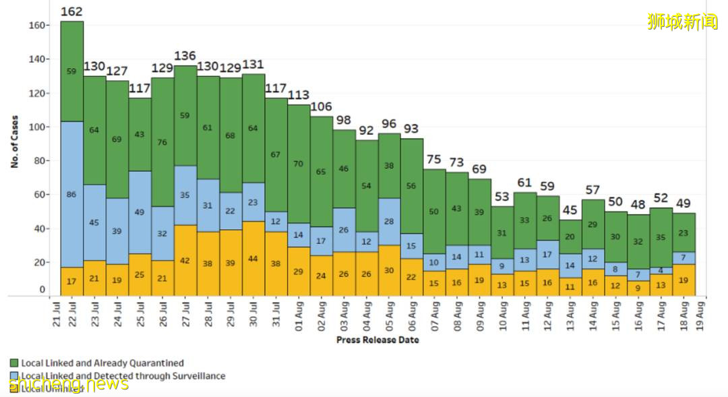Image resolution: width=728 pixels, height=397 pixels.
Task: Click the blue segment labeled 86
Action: (x=72, y=194)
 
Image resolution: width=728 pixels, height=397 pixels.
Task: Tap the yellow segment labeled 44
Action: (x=253, y=258)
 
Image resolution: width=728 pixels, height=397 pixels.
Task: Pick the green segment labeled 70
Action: (x=299, y=164)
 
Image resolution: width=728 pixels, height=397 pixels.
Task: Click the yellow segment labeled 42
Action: (x=185, y=260)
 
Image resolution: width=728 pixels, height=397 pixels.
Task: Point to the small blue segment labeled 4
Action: (x=661, y=271)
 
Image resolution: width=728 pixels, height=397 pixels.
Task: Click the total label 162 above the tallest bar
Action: (x=72, y=11)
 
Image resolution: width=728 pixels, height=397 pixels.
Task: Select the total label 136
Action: (x=185, y=56)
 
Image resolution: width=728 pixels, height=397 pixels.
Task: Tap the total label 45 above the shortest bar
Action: (x=570, y=210)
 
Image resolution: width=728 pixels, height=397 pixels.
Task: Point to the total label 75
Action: (x=434, y=159)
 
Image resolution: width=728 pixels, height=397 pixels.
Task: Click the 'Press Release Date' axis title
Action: (x=377, y=340)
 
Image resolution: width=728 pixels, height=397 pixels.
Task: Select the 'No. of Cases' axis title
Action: (x=14, y=142)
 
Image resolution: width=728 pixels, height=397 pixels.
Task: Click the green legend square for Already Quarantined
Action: (x=14, y=363)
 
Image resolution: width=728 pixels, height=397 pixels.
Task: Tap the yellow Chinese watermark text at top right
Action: (x=683, y=22)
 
